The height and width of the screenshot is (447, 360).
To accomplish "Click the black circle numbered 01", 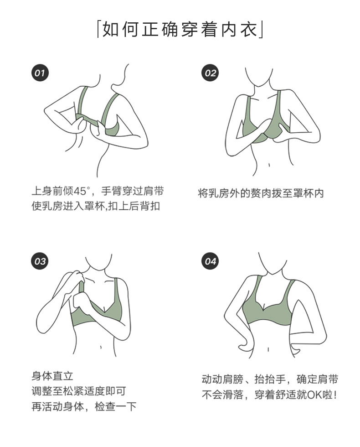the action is [x=40, y=73].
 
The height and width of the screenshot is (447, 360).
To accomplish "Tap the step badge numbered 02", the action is [x=210, y=73].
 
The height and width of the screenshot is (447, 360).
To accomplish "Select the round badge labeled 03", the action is [x=40, y=261].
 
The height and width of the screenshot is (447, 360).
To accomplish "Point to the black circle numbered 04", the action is [x=210, y=261].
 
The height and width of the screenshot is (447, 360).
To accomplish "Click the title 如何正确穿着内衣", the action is [x=180, y=29].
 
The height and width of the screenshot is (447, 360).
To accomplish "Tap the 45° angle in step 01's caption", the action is [x=82, y=191].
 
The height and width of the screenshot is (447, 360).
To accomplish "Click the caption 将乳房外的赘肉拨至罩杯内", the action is [x=261, y=193].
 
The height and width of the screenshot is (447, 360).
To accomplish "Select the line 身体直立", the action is [x=52, y=376].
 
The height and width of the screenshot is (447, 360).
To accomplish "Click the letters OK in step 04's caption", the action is [x=315, y=395].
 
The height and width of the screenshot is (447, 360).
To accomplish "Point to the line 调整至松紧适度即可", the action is [x=78, y=391].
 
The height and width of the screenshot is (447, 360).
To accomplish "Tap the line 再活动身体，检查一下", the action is [x=84, y=406].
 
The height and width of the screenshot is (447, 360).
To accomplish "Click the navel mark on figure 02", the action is [x=269, y=165].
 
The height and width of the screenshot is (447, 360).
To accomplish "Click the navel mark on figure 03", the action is [x=101, y=348].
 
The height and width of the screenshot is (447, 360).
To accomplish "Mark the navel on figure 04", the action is [x=268, y=349].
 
